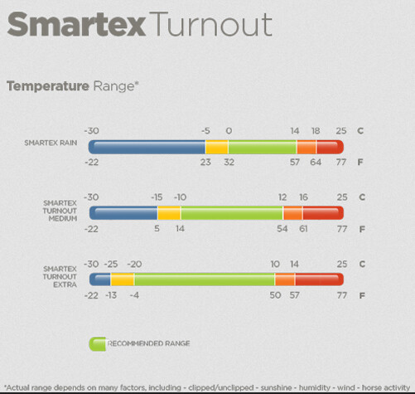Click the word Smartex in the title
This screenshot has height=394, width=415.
[76, 24]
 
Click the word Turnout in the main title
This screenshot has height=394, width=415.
[210, 24]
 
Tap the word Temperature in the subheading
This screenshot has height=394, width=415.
[48, 86]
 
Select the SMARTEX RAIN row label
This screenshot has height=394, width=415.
[51, 143]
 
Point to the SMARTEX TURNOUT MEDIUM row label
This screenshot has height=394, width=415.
[60, 211]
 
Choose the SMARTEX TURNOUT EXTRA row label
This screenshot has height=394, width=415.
[60, 277]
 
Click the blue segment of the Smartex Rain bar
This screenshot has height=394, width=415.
[147, 147]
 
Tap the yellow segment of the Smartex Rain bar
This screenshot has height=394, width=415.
[217, 147]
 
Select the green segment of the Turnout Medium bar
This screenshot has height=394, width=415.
[232, 213]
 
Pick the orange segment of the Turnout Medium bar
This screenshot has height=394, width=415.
[293, 213]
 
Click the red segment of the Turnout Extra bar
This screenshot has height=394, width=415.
[320, 280]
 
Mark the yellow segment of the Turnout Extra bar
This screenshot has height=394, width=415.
[123, 280]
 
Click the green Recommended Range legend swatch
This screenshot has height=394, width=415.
[97, 344]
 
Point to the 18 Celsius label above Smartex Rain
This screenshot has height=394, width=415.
[316, 131]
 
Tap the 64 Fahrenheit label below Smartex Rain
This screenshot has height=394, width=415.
[316, 162]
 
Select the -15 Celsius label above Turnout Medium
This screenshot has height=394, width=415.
[157, 197]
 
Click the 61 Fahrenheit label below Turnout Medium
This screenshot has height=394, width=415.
[303, 229]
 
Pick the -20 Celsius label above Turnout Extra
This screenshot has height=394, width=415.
[134, 264]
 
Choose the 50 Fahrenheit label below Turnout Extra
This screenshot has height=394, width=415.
[275, 295]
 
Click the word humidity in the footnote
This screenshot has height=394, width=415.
[315, 387]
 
